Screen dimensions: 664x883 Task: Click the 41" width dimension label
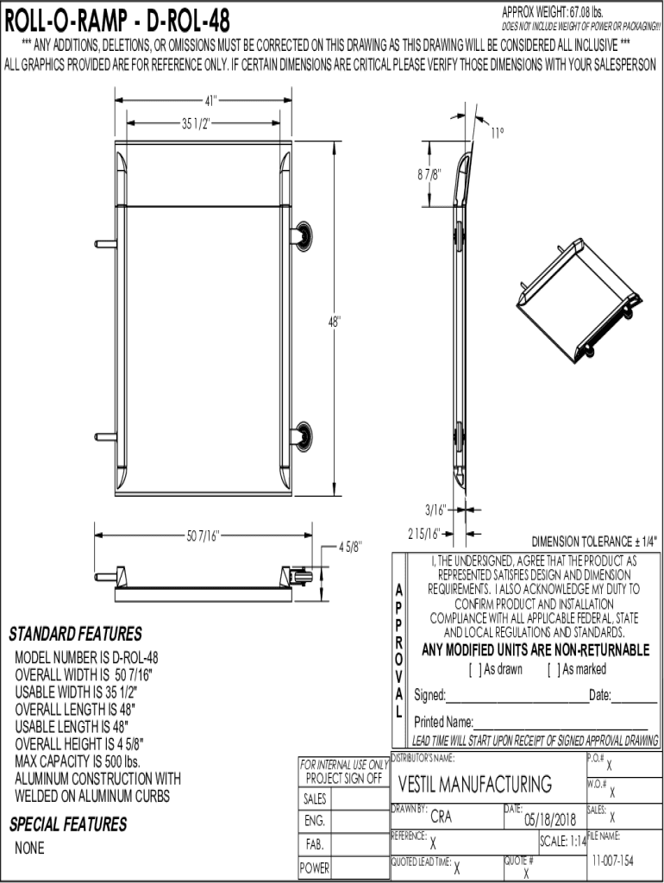point(210,101)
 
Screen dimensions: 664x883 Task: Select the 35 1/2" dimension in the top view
point(196,123)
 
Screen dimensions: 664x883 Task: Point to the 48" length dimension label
point(335,322)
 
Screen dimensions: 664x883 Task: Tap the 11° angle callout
point(498,133)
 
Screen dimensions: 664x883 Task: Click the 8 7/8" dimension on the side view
point(429,174)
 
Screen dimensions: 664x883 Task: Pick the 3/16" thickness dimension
point(435,510)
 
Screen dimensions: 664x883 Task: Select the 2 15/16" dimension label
point(423,534)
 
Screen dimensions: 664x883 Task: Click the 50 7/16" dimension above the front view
point(202,535)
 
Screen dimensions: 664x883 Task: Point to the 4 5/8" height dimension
point(350,546)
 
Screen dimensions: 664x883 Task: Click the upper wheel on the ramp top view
point(302,236)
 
